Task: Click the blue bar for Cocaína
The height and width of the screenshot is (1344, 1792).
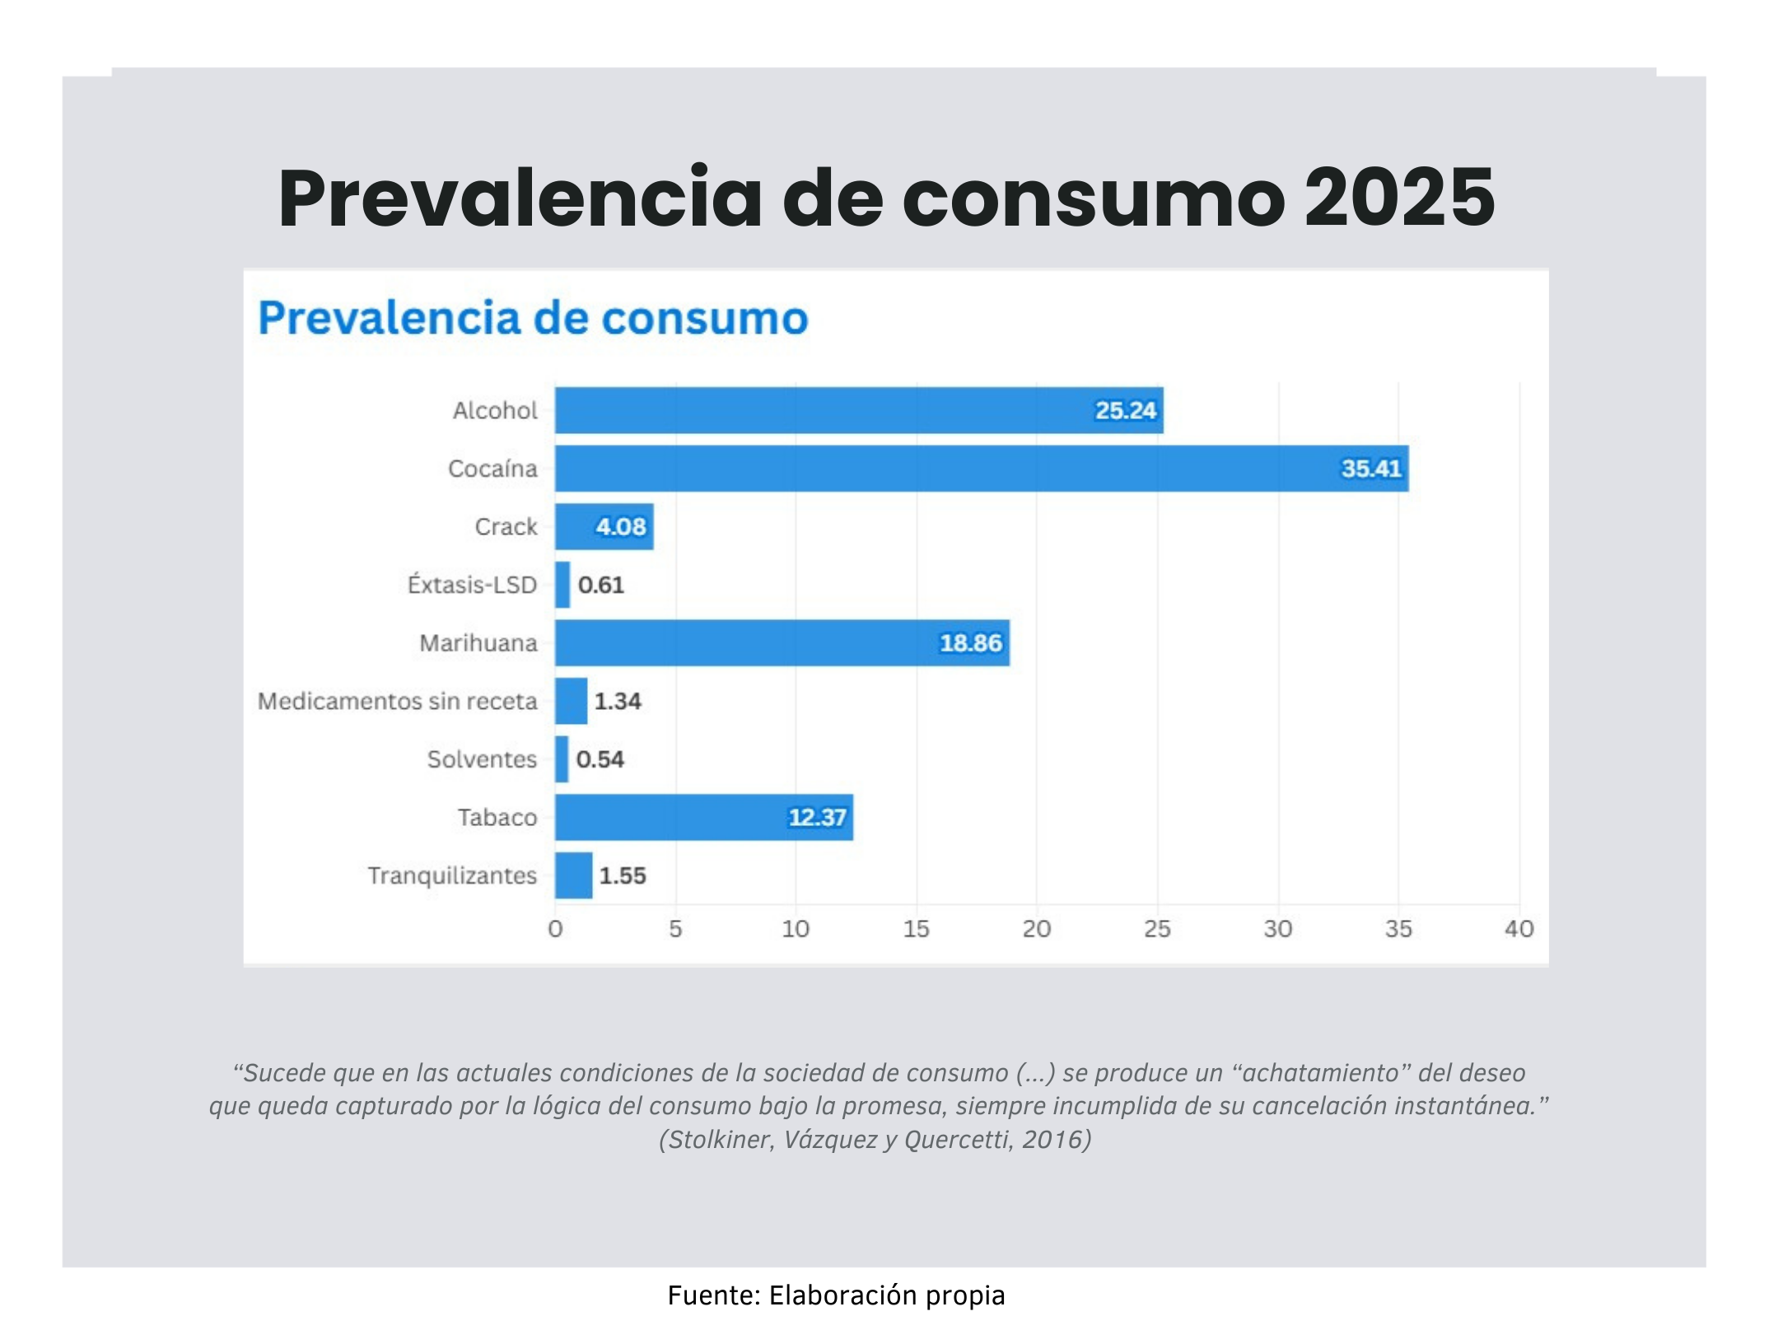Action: [980, 469]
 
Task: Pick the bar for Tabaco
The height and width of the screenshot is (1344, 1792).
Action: [703, 817]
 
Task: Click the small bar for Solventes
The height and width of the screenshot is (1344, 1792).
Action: [562, 758]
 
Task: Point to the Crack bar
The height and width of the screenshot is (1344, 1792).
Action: [604, 526]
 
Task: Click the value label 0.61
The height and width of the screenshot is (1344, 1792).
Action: [600, 585]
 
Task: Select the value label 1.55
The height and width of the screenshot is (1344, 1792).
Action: [622, 875]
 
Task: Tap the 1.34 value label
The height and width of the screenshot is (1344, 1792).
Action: [617, 701]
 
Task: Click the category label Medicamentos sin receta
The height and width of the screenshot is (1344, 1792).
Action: [397, 701]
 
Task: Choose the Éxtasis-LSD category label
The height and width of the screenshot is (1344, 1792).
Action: [472, 585]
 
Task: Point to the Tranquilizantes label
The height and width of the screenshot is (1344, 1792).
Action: [452, 875]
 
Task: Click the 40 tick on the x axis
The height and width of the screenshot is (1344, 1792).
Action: [1519, 929]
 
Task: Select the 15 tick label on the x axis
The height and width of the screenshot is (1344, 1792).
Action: [916, 929]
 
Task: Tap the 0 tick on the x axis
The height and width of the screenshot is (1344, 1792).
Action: [555, 929]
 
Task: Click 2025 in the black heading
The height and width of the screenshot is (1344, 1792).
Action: [1399, 198]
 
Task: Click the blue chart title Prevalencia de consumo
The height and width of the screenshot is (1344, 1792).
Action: [533, 318]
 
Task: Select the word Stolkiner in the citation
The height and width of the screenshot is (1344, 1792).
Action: [721, 1140]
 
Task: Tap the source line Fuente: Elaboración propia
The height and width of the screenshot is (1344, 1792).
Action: [836, 1295]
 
